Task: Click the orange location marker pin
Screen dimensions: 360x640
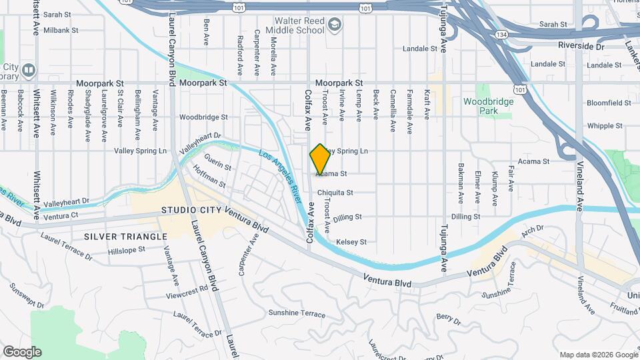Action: coord(320,159)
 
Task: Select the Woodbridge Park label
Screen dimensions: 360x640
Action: coord(489,106)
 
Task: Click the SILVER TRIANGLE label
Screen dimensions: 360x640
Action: coord(126,237)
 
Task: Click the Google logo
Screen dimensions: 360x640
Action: coord(22,352)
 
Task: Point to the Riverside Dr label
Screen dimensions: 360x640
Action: coord(581,47)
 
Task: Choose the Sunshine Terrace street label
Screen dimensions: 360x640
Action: coord(297,313)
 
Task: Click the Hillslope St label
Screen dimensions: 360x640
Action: coord(127,250)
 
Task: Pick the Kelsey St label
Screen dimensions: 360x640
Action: coord(351,242)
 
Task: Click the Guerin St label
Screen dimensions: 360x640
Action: coord(218,163)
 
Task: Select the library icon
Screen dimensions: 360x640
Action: coord(29,69)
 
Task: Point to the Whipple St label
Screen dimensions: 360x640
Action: coord(605,125)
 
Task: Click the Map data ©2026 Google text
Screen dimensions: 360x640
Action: coord(599,355)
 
